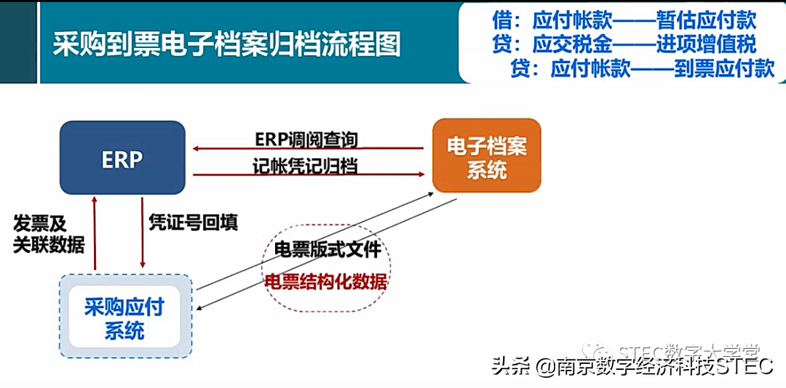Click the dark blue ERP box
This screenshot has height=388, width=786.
pos(122,158)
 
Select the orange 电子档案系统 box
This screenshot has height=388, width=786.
pos(487,155)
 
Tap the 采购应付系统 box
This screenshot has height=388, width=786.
pos(124,317)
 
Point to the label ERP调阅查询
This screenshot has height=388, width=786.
pos(306,139)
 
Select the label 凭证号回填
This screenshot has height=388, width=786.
pos(193,222)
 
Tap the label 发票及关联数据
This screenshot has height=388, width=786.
pos(48,234)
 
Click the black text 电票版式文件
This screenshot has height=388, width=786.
pos(327,249)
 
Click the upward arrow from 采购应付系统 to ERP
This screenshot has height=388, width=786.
pos(95,233)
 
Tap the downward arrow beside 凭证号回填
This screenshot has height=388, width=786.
pos(142,233)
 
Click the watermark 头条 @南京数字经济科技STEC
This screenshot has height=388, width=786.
pos(632,366)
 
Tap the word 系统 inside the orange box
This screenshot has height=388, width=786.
pos(487,171)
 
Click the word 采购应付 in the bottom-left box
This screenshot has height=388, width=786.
pos(124,307)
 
